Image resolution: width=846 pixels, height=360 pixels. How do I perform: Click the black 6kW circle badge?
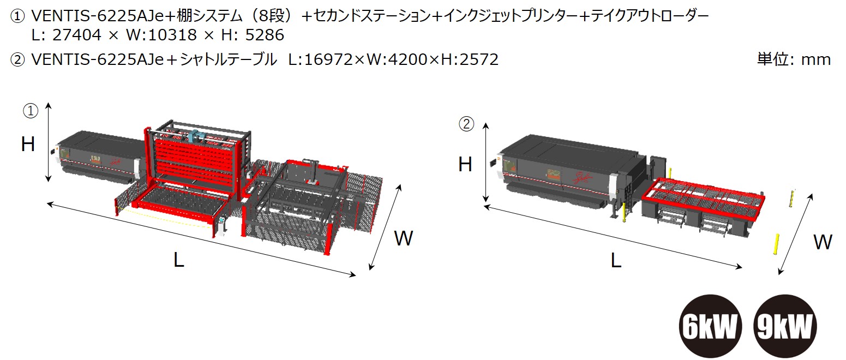click(x=711, y=327)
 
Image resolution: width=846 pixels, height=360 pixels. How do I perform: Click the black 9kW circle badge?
click(x=786, y=327)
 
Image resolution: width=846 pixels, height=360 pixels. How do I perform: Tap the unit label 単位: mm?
click(x=794, y=59)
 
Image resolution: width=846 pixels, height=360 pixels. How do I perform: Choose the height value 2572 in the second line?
click(x=478, y=59)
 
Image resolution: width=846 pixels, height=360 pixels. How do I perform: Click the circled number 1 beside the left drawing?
click(x=30, y=111)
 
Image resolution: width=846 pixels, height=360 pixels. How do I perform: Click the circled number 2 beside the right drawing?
click(x=466, y=124)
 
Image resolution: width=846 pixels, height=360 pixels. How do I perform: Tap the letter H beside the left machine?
click(x=28, y=145)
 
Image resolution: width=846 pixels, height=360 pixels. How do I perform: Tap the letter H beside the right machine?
click(x=465, y=164)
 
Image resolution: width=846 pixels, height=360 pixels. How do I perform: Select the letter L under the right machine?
click(x=616, y=261)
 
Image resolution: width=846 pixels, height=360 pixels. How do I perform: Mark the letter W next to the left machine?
click(x=404, y=238)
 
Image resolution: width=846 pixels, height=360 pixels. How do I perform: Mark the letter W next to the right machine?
click(x=823, y=242)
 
